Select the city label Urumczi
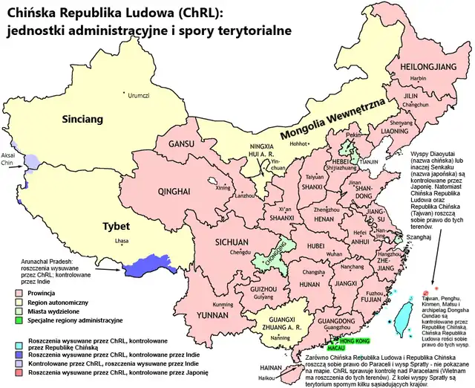(139, 95)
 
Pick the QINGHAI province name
(176, 191)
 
